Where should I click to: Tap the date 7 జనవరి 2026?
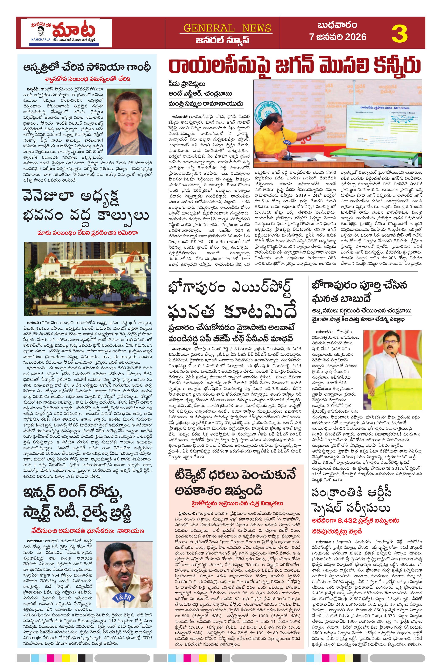click(338, 37)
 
